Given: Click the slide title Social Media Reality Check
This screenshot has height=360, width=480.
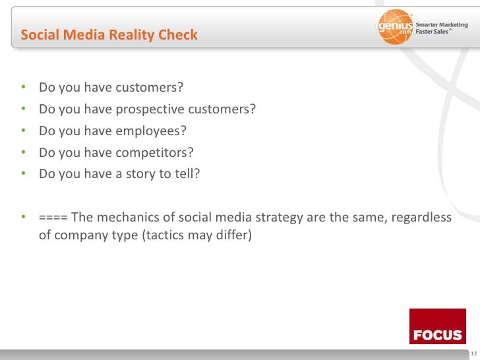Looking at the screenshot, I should point(109,35).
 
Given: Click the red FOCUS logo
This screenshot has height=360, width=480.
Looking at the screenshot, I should point(437,326).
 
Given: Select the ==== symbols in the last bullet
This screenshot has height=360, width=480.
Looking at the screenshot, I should point(52,218).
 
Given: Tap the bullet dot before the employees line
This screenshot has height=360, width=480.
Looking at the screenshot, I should point(24,132).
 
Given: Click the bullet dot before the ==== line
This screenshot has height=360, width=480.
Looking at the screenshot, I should point(24,218).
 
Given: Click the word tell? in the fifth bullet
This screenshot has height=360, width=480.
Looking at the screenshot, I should point(186,175).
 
